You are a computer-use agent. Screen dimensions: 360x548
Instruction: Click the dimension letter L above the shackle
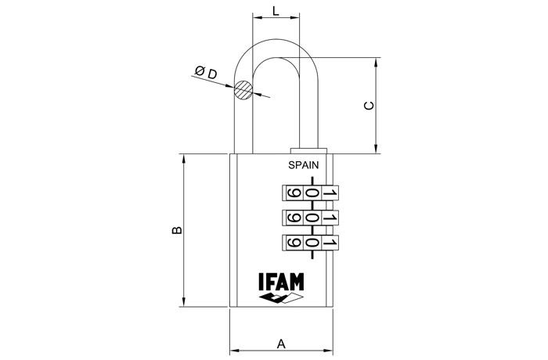276,10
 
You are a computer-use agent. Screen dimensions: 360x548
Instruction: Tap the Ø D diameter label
206,73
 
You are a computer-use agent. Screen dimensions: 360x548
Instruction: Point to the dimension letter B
178,231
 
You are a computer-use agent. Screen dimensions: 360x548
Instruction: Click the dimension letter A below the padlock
281,344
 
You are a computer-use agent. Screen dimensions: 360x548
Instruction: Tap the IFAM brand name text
281,282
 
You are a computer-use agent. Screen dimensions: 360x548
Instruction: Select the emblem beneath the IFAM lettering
281,299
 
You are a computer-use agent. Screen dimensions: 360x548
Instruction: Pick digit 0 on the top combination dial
312,194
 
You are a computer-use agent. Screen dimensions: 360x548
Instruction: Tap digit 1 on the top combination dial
330,194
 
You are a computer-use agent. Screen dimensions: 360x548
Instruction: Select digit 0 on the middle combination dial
312,218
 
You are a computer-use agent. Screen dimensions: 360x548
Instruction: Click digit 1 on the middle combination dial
330,218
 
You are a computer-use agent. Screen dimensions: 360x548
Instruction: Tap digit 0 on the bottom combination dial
312,243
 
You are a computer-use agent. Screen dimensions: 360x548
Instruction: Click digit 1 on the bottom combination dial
330,243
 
